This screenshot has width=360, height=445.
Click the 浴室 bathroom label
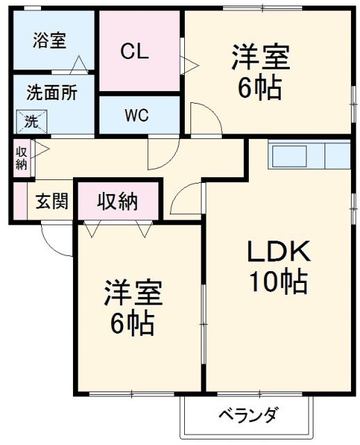point(49,40)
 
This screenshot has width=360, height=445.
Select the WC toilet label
point(136,115)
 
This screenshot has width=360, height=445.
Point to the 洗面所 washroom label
point(51,92)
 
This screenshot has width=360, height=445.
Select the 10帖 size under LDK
point(279,282)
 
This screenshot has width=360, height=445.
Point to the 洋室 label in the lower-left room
point(133,294)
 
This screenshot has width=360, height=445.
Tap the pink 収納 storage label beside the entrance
point(117,202)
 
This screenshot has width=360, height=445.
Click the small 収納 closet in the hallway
point(21,159)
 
